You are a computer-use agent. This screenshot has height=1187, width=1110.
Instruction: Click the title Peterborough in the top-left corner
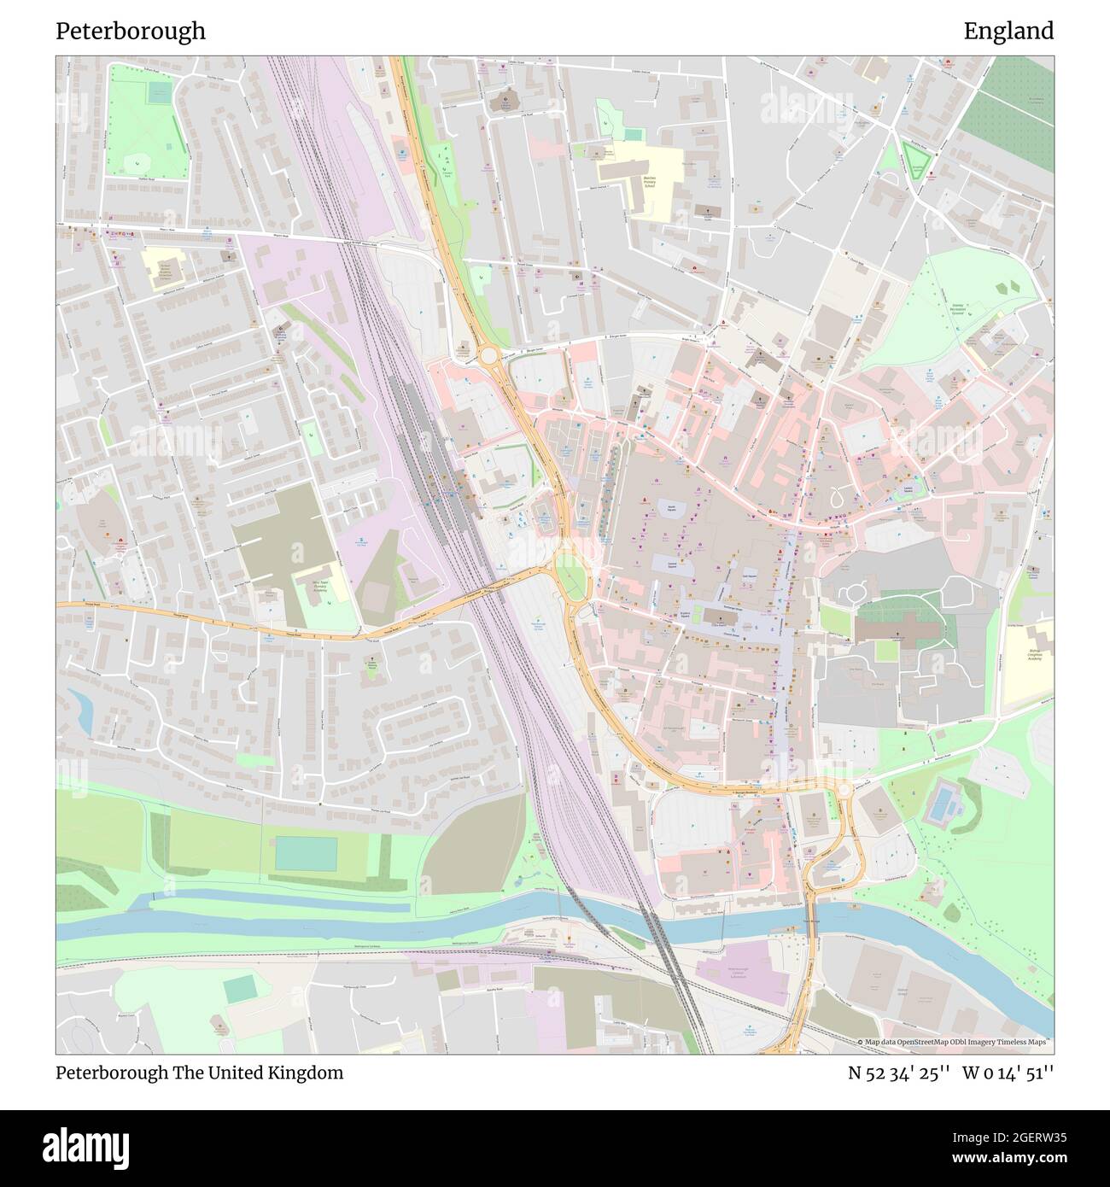click(x=131, y=32)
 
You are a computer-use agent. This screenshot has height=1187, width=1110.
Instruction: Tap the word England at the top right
click(x=1008, y=32)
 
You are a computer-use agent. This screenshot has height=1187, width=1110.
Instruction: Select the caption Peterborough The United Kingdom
click(x=200, y=1073)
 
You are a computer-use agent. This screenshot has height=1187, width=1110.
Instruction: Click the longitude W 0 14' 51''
click(x=1008, y=1073)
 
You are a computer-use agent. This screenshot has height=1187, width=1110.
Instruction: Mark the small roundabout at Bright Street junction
click(x=490, y=354)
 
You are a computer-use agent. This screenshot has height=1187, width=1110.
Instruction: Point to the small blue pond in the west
click(x=83, y=710)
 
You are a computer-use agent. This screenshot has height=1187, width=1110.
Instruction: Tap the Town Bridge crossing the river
click(x=811, y=921)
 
